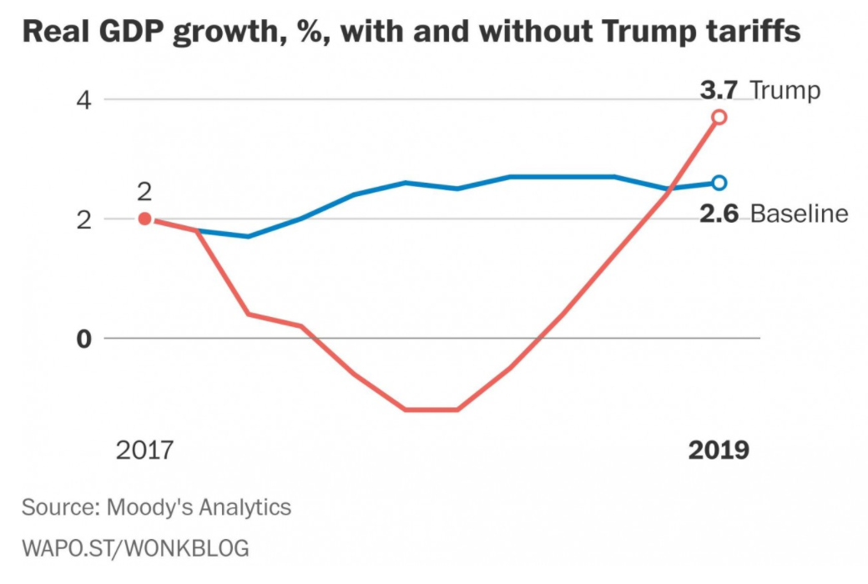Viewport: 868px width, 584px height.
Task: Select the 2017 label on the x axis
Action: (x=144, y=451)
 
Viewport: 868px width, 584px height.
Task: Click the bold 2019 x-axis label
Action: (x=719, y=451)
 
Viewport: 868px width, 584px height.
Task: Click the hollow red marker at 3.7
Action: (x=719, y=117)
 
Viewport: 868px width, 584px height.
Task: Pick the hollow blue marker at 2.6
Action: (x=719, y=183)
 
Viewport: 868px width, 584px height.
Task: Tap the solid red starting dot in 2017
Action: (x=144, y=219)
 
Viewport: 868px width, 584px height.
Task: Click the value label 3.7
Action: (x=719, y=89)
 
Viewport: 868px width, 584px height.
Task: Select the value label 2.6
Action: (x=719, y=214)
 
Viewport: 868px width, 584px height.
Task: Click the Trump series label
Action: (x=785, y=89)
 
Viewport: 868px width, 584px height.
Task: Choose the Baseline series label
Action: (x=799, y=214)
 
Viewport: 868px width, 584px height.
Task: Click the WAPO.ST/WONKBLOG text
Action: (x=135, y=548)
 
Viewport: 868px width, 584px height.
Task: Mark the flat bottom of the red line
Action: (x=431, y=410)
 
